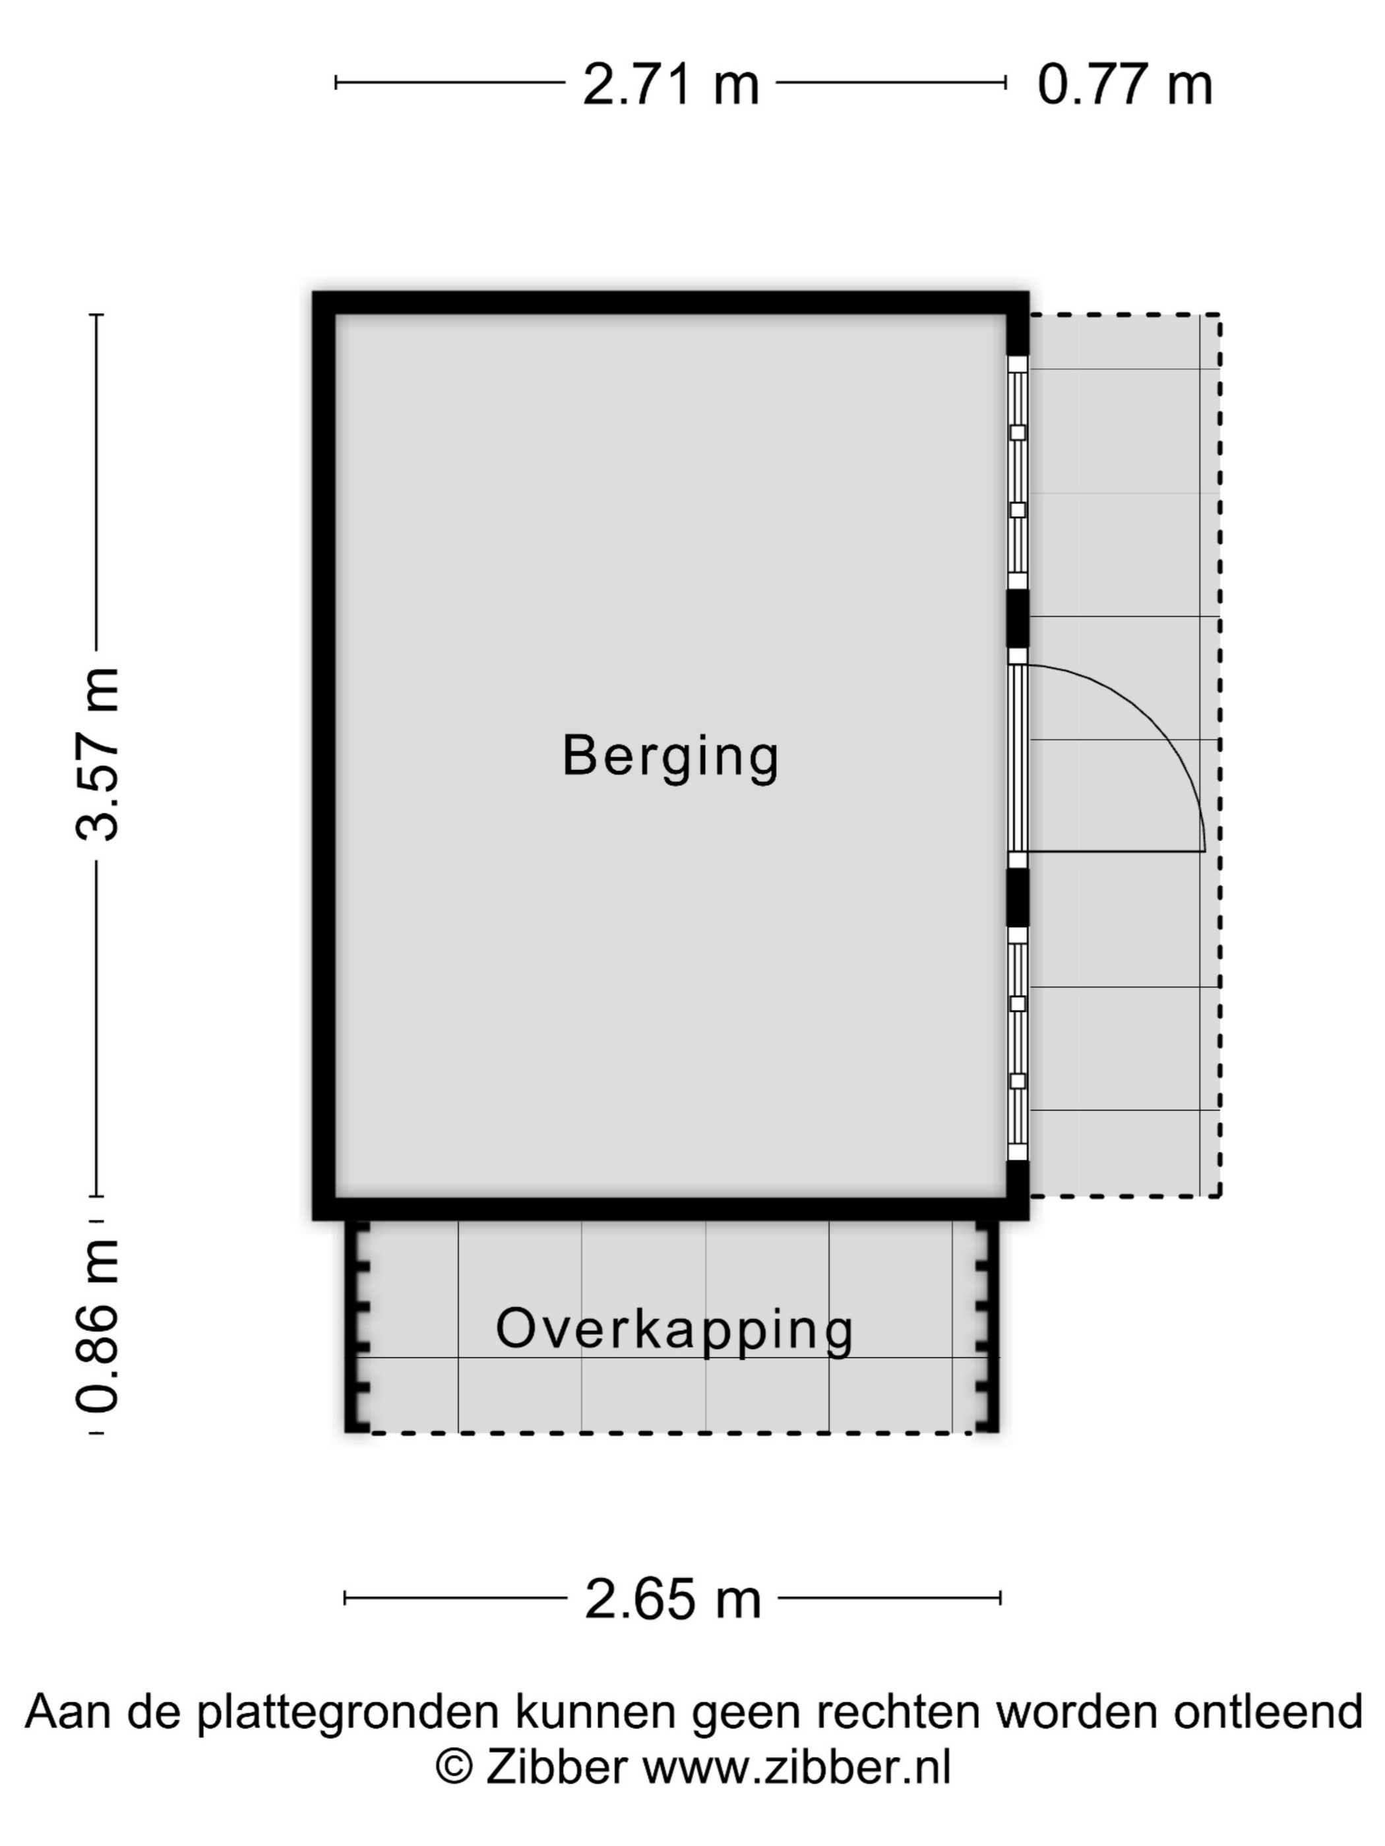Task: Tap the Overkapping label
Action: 675,1328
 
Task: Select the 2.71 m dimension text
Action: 671,84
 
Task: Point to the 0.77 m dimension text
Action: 1124,84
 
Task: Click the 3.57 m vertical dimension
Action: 98,754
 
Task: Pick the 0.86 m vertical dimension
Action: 98,1326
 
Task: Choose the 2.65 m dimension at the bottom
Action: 673,1599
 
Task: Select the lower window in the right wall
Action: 1018,1043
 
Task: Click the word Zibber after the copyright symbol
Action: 556,1767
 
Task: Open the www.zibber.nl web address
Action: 797,1767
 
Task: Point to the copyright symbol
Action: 455,1768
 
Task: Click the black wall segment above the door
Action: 1018,618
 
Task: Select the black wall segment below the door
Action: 1018,898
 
